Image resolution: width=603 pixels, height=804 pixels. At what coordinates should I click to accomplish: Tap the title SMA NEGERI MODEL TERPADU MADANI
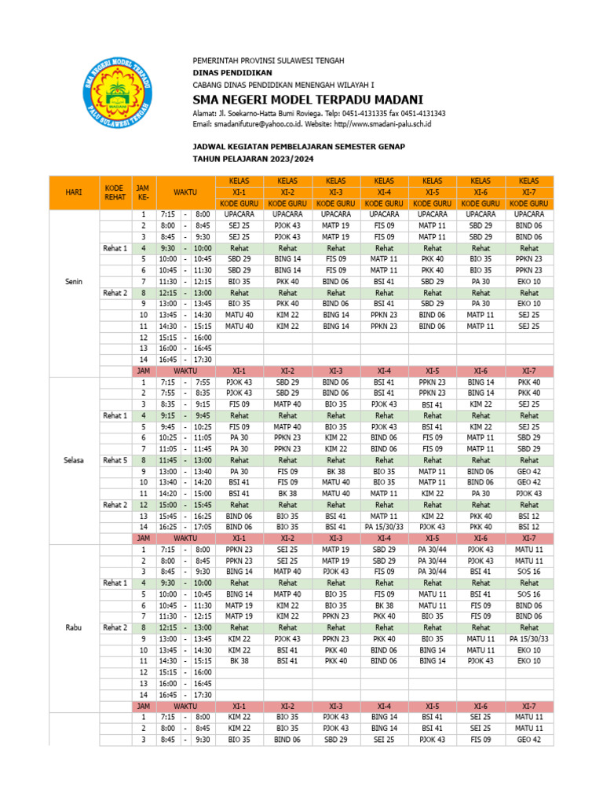click(x=308, y=100)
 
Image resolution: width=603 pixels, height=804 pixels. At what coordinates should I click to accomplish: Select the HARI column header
click(x=74, y=192)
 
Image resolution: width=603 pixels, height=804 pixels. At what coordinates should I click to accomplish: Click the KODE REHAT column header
click(x=114, y=192)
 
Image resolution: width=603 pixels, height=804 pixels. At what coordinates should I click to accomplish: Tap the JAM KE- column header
click(x=143, y=192)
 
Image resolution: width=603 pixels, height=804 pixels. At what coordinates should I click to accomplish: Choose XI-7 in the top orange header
click(x=528, y=192)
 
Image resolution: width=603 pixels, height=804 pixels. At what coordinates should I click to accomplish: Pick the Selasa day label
click(x=74, y=460)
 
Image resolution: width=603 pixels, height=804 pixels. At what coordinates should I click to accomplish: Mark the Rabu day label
click(x=74, y=627)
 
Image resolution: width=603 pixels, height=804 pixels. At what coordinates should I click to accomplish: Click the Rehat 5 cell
click(x=114, y=460)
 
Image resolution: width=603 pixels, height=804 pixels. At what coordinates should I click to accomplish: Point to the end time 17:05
click(x=203, y=527)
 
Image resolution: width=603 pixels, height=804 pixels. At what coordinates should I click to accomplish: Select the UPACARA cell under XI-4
click(x=384, y=214)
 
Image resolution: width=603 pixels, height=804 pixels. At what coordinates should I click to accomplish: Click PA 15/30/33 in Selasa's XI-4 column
click(x=384, y=527)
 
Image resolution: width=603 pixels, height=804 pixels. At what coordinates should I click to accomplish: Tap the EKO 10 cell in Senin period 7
click(x=528, y=281)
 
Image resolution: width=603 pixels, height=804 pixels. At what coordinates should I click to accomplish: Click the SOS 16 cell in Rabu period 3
click(x=528, y=572)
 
